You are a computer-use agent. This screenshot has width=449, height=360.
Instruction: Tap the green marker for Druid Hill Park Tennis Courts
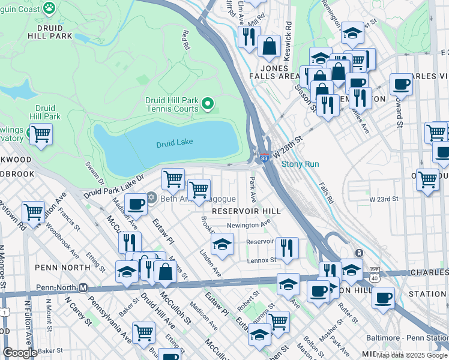coord(208,104)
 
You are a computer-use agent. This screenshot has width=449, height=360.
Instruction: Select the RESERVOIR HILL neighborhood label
coord(246,211)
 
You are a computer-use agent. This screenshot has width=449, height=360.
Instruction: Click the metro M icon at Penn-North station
coord(83,287)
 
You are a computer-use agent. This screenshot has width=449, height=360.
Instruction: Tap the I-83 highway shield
coord(264,158)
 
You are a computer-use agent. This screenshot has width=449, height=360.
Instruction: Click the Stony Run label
coord(300,164)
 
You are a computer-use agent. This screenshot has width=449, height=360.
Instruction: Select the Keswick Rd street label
coord(289,36)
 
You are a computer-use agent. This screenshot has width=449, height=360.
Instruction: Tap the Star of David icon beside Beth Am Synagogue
coord(151,198)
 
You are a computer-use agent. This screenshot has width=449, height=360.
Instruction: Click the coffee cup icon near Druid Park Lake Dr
coord(136,204)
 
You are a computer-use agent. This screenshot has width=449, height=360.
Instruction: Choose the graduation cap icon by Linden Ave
coord(222,244)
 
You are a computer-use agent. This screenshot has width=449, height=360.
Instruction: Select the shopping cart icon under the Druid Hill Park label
coord(41,134)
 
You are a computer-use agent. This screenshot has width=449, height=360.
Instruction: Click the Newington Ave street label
coord(248,224)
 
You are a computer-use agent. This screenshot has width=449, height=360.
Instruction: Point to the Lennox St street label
coord(261,260)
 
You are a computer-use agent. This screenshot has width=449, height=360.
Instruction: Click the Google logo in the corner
coord(20,352)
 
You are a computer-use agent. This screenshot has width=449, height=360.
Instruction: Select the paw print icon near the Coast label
coord(49,8)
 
